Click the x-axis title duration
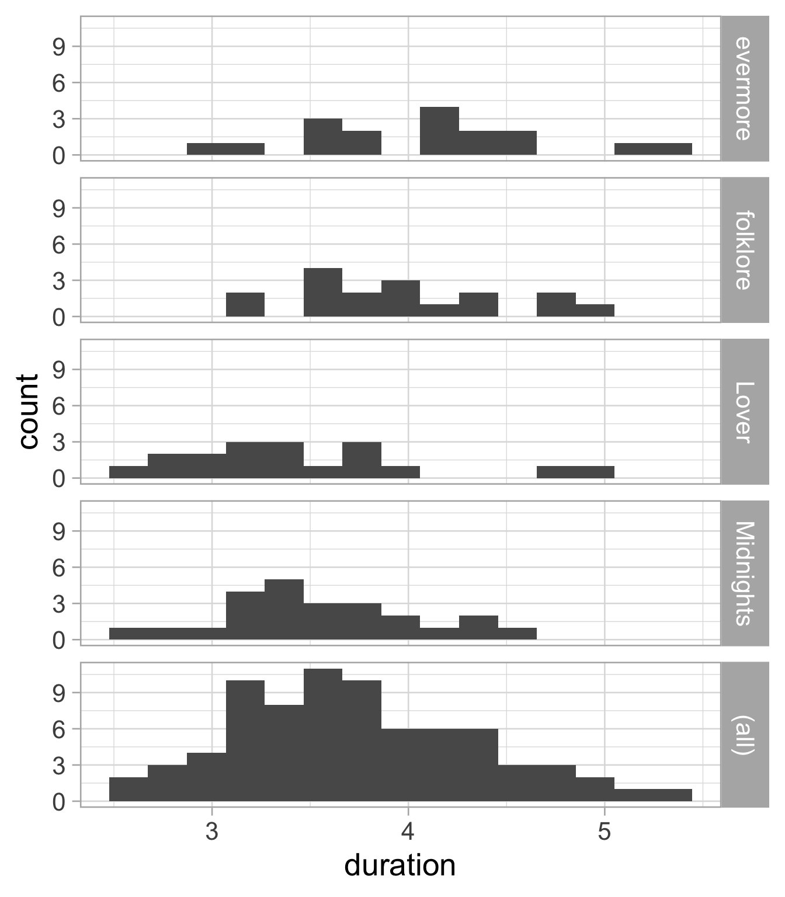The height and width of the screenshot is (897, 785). click(400, 865)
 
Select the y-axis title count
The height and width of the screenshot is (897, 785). click(28, 411)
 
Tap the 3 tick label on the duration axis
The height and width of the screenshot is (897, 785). click(212, 830)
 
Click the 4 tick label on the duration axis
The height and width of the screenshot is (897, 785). click(408, 830)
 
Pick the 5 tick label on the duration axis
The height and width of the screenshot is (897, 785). click(605, 830)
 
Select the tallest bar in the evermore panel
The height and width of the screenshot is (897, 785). click(439, 131)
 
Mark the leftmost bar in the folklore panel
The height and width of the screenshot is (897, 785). click(245, 304)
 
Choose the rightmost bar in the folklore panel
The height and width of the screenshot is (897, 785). click(595, 311)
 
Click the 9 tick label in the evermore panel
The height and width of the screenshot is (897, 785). click(59, 47)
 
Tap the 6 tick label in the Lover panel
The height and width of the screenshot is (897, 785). click(59, 406)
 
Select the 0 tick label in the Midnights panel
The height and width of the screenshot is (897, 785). click(59, 641)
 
